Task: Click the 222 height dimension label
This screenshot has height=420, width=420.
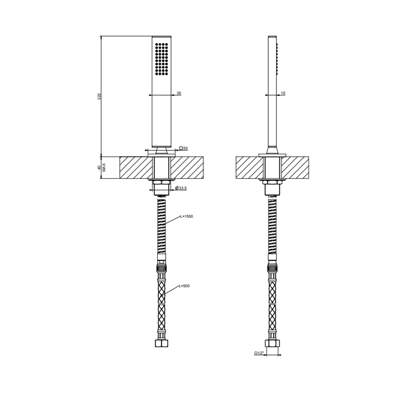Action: [99, 96]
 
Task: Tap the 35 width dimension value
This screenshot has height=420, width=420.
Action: [179, 93]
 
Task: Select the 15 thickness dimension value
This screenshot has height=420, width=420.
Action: [283, 93]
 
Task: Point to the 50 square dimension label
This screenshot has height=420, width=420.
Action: [185, 148]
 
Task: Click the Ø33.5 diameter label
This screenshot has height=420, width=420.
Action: [181, 188]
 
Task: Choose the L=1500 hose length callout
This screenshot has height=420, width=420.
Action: [187, 217]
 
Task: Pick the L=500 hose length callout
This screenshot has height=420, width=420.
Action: [184, 286]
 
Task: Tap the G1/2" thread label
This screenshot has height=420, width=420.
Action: [259, 353]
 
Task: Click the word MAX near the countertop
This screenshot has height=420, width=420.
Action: [104, 167]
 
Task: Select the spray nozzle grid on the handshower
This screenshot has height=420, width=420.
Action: [161, 58]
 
